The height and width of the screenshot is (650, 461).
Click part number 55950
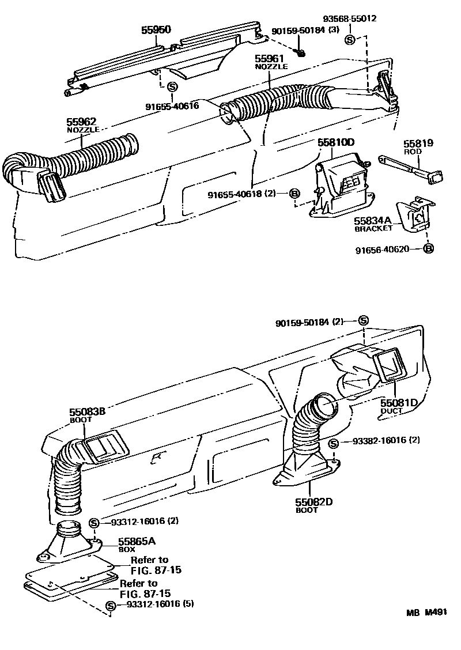pos(156,30)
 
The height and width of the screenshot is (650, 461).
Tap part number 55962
pos(81,122)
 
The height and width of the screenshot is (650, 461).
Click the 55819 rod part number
pos(418,143)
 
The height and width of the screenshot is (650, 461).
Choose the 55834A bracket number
pos(373,221)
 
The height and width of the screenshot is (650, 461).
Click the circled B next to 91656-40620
pos(428,249)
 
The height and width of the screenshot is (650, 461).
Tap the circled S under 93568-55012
pos(349,40)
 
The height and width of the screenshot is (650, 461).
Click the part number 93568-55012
pos(350,18)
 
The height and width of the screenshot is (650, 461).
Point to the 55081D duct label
pos(398,402)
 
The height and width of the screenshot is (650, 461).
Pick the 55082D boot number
pos(314,502)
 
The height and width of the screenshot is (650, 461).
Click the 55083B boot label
pos(87,412)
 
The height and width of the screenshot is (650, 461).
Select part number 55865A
pos(137,542)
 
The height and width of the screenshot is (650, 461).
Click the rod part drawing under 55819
pos(410,168)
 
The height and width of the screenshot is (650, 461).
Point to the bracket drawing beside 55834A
pos(414,216)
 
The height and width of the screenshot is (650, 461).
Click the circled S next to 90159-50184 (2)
pos(363,320)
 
